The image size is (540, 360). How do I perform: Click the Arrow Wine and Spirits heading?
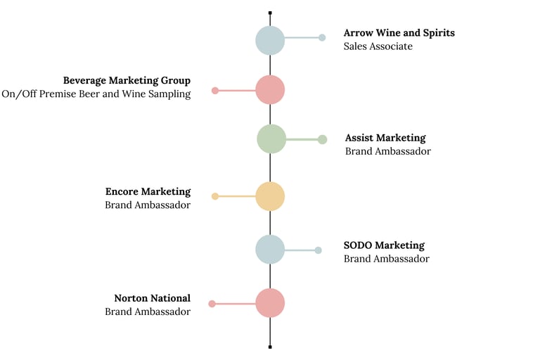point(399,33)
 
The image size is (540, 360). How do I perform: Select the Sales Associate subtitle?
point(378,46)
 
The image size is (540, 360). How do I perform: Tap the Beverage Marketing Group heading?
point(127,81)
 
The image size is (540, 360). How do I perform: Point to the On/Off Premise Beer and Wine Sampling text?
point(96,94)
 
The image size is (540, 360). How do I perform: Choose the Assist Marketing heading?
point(385,138)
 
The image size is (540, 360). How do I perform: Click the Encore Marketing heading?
point(148,191)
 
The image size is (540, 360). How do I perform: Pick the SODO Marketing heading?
point(384,245)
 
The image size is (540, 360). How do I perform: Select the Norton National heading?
point(152,298)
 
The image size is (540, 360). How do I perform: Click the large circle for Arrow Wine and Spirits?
point(270,40)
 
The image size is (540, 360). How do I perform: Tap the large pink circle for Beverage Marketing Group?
point(270,90)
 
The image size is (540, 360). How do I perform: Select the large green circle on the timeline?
point(271,139)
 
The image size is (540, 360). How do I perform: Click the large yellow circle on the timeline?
point(270,196)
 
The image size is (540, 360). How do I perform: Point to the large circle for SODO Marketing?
point(270,250)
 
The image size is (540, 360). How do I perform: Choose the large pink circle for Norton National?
point(270,303)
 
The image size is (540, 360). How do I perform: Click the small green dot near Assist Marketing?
point(323,139)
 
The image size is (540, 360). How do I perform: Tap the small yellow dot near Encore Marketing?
point(215,196)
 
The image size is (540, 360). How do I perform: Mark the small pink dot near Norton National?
point(212,304)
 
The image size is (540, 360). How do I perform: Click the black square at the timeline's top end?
point(270,13)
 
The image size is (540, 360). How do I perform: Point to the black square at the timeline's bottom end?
point(270,347)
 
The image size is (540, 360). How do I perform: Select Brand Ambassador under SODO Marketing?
point(386,259)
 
